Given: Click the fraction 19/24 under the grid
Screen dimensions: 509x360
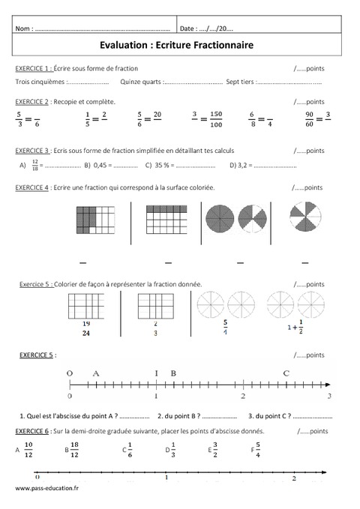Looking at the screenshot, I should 86,328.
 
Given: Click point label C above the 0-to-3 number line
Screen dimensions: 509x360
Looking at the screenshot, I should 286,372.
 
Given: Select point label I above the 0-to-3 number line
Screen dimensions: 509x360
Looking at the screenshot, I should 156,372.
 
